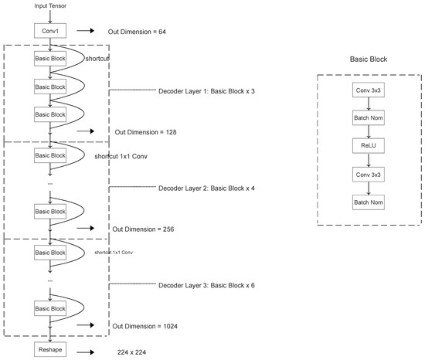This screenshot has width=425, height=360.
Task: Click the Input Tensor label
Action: (x=49, y=6)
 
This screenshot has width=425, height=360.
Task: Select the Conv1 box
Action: (x=49, y=32)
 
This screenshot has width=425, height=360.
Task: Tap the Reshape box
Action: (x=49, y=350)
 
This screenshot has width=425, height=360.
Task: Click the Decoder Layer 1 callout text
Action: (x=205, y=90)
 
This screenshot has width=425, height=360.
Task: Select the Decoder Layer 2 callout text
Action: (x=205, y=188)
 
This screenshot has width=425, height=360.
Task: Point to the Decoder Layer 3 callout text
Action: (x=205, y=284)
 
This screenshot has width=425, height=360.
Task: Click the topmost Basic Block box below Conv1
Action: (x=49, y=59)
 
